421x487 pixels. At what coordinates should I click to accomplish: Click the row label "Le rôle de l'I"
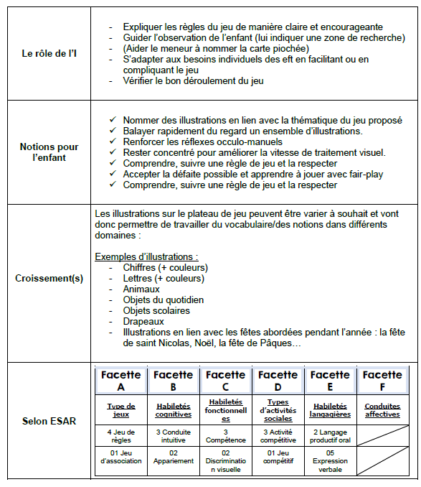tap(49, 52)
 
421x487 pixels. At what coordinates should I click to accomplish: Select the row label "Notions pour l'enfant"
tap(49, 152)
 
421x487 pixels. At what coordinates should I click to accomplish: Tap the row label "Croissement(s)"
tap(49, 278)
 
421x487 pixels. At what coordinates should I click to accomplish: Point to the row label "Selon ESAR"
tap(49, 421)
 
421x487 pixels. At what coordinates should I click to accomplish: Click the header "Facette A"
tap(121, 381)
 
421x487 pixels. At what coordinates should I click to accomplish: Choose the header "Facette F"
tap(382, 381)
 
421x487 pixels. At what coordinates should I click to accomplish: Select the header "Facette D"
tap(278, 381)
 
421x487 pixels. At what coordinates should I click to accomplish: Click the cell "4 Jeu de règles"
tap(121, 435)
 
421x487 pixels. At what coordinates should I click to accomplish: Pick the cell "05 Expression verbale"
tap(330, 461)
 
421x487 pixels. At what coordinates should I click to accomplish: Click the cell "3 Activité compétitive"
tap(278, 435)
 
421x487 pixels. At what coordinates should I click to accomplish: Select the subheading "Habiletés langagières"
tap(330, 409)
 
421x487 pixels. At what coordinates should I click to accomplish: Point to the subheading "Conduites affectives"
tap(382, 409)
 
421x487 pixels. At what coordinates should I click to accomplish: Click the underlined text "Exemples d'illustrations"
tap(146, 256)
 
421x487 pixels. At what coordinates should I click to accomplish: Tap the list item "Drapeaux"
tap(143, 322)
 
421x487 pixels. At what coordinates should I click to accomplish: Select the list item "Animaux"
tap(141, 289)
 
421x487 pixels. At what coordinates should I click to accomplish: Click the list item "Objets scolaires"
tap(156, 311)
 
